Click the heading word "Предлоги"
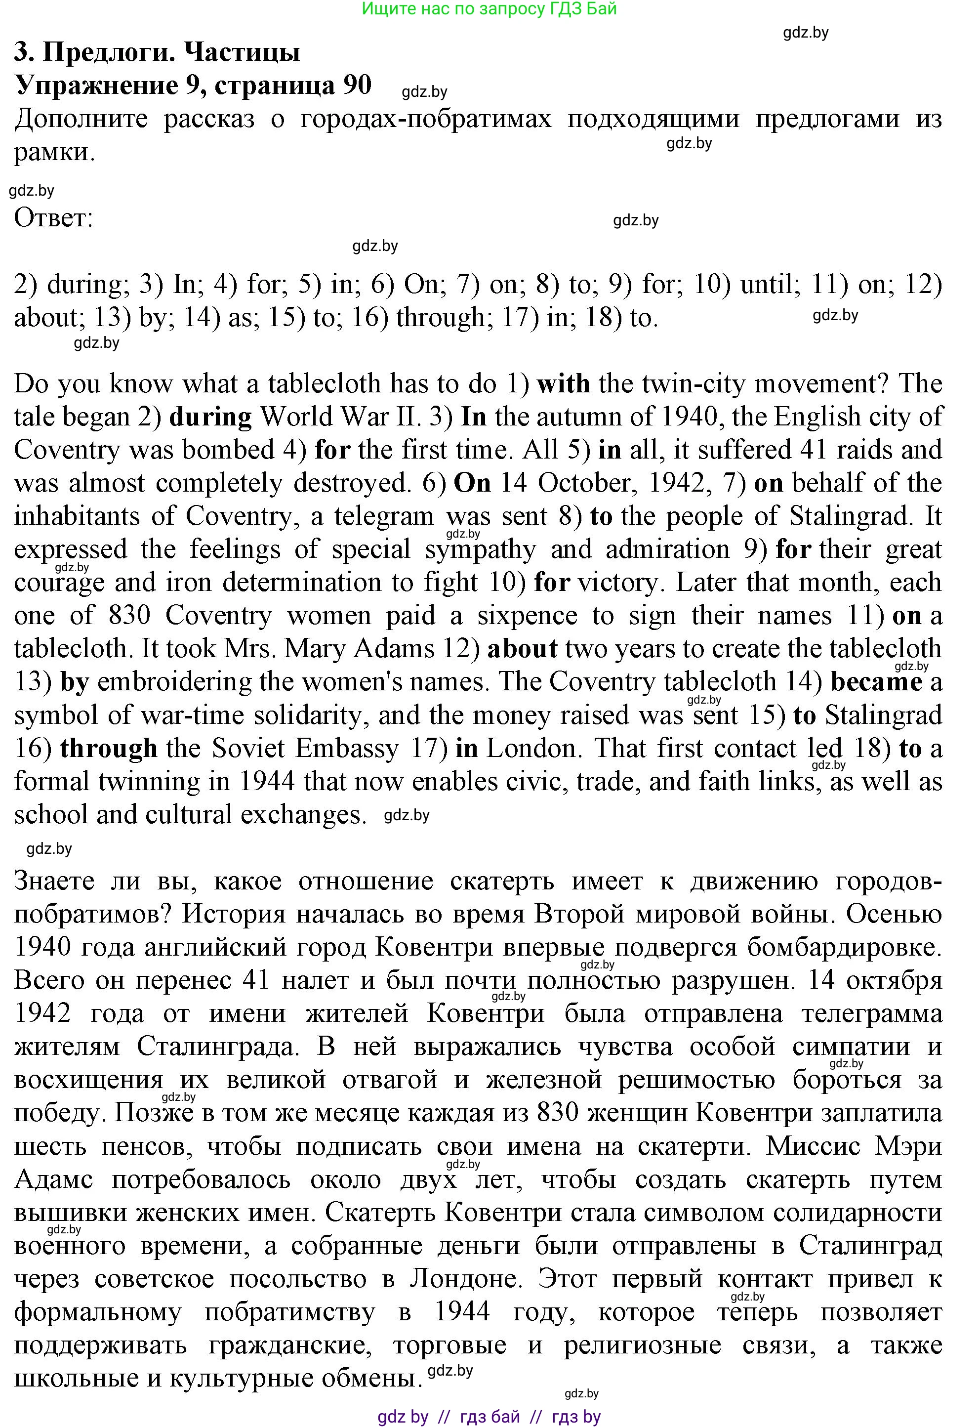pos(109,53)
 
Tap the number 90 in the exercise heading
pos(357,85)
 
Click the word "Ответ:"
pos(53,217)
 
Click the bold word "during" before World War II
pos(210,417)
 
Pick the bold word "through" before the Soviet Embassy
pos(109,749)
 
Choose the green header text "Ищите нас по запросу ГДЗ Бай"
pos(489,8)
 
